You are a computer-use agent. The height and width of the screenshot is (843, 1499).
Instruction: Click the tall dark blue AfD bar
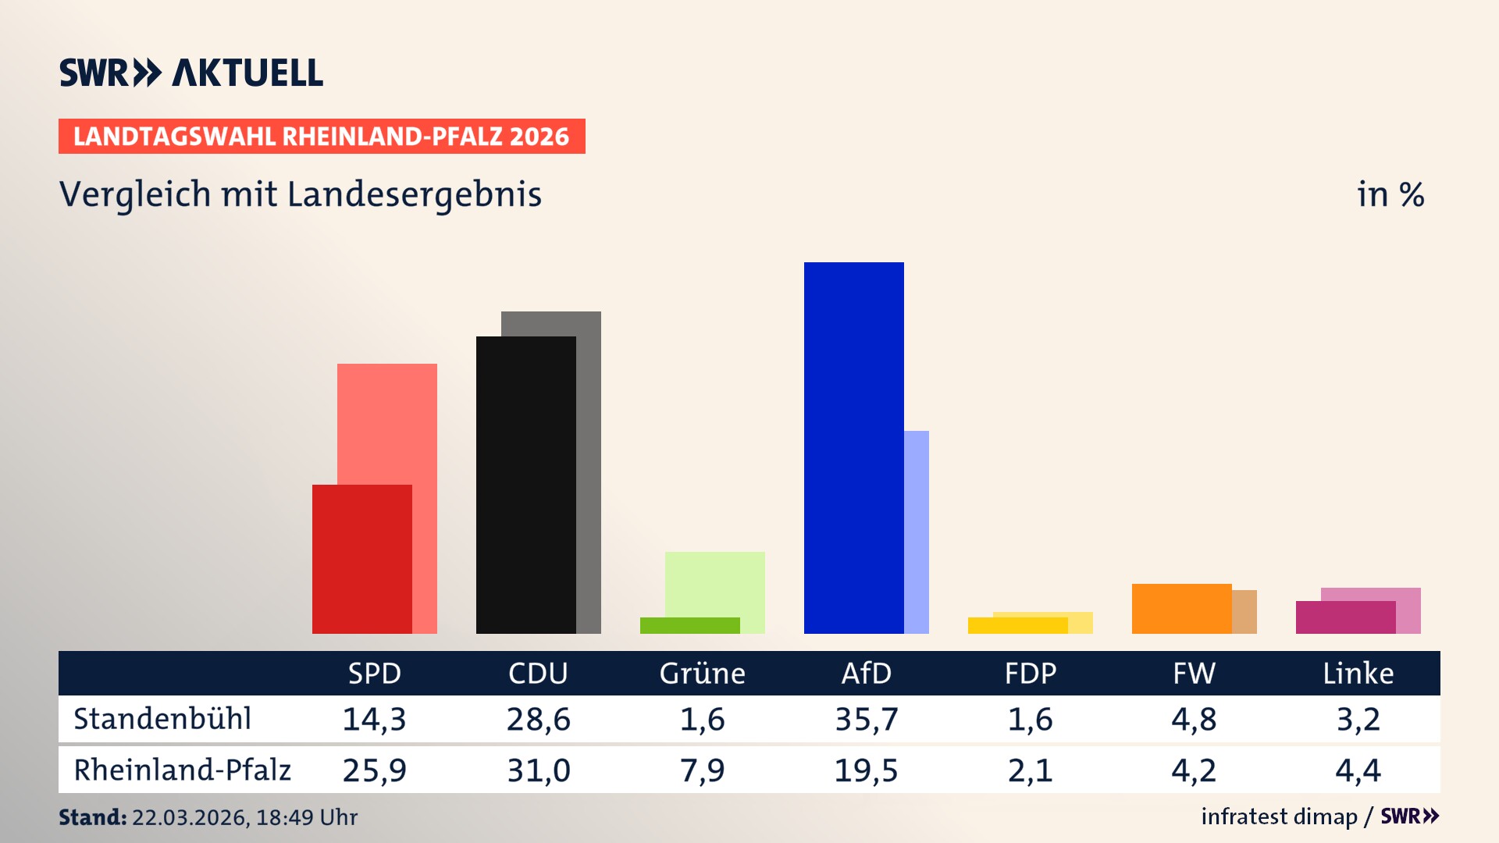(x=853, y=448)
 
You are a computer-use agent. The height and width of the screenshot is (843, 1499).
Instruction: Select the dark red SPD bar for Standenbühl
(x=361, y=559)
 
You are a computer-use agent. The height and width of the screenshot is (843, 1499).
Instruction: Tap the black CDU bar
(x=525, y=485)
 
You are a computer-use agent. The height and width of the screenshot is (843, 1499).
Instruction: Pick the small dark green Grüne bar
(x=689, y=625)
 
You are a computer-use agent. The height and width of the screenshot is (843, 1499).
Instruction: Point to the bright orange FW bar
(x=1181, y=608)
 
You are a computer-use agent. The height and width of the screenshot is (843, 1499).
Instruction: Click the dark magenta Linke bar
(x=1345, y=617)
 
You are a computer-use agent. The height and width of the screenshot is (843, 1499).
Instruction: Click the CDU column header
(x=538, y=673)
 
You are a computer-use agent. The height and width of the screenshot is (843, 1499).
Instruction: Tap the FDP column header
(x=1030, y=673)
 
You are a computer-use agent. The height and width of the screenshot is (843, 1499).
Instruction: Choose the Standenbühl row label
(x=162, y=719)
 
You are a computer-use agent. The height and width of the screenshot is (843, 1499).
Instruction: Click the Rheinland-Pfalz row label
(x=182, y=770)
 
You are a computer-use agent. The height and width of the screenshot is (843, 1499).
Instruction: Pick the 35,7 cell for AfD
(x=866, y=719)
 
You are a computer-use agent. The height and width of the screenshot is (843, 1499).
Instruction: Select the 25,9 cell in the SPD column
(x=374, y=770)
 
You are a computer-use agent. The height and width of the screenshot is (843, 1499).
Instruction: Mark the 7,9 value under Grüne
(x=702, y=770)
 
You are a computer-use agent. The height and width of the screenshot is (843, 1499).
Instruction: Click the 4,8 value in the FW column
(x=1194, y=719)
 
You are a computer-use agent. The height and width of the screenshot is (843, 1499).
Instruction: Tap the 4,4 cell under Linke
(x=1358, y=770)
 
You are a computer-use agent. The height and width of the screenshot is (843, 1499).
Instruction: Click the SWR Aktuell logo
(x=190, y=73)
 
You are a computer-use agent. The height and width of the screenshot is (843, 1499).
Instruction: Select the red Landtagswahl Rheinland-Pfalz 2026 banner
(x=322, y=136)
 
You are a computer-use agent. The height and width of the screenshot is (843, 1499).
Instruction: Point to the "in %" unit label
(x=1390, y=194)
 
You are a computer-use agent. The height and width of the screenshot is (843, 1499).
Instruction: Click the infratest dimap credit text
(x=1279, y=816)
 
